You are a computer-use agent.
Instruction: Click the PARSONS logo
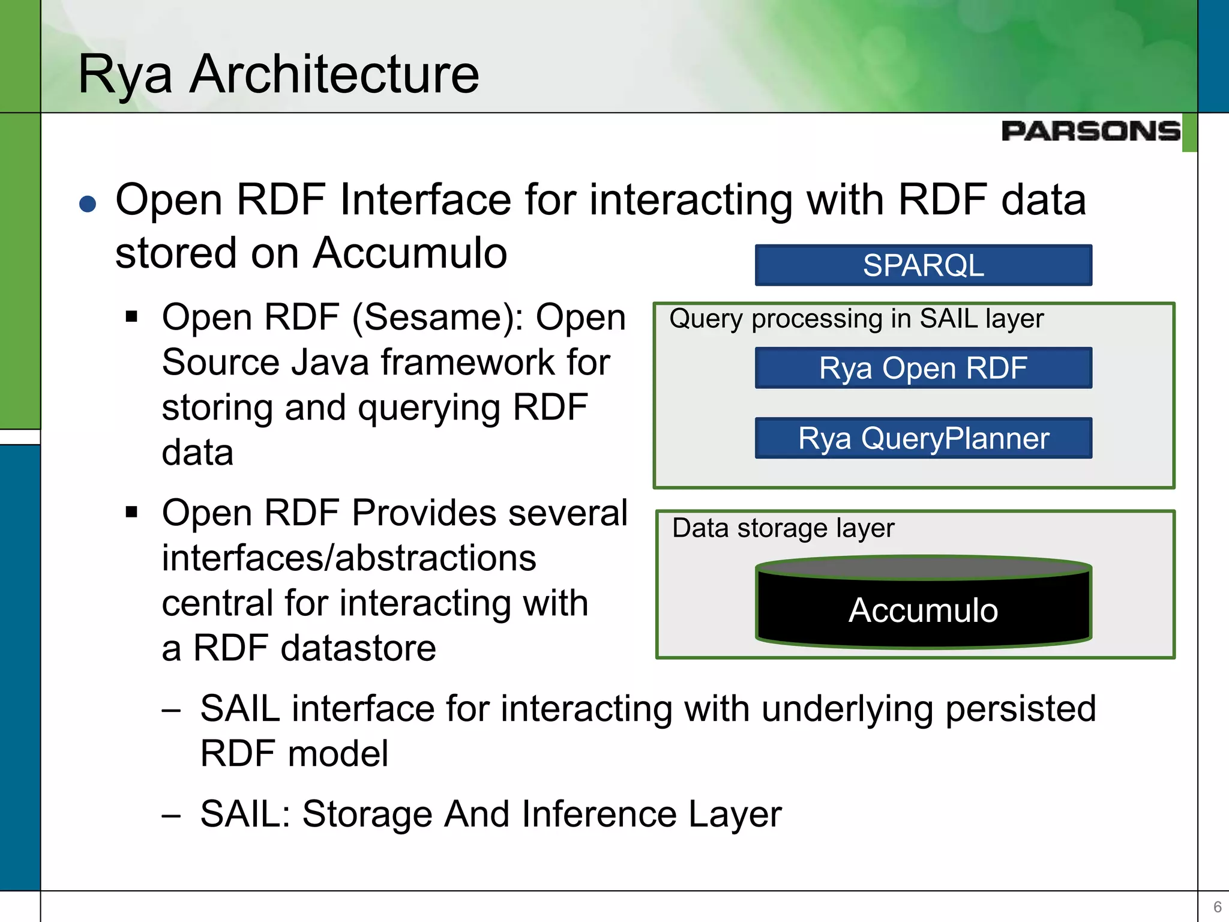(x=1090, y=131)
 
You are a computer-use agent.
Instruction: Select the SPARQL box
(x=923, y=265)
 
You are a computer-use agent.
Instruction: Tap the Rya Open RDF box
(x=923, y=368)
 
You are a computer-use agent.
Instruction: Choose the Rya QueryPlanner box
(x=923, y=438)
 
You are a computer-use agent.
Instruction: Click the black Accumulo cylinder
(x=923, y=609)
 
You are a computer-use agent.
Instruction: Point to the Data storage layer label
(x=783, y=528)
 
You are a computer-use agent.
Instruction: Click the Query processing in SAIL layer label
(x=856, y=319)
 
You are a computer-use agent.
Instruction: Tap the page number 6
(x=1217, y=906)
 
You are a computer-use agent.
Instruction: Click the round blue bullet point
(x=88, y=204)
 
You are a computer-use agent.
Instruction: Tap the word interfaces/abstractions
(x=349, y=558)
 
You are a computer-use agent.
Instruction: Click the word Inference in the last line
(x=600, y=814)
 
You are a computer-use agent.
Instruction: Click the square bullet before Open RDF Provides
(x=132, y=512)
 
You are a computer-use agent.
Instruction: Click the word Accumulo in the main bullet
(x=410, y=253)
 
